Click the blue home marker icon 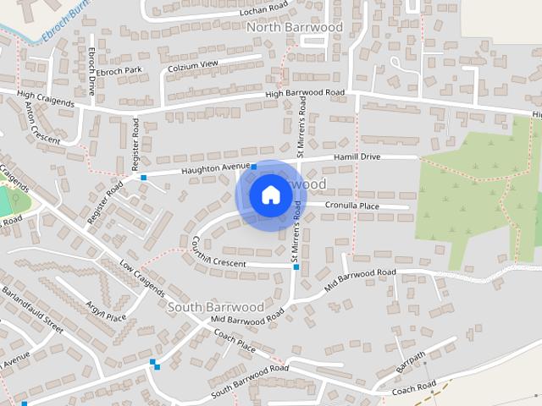(270, 195)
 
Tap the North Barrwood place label (295, 27)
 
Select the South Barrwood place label (215, 306)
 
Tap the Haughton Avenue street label (204, 169)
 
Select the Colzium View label (193, 64)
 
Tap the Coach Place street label (235, 342)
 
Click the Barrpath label (410, 363)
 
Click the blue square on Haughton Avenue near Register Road (144, 178)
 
